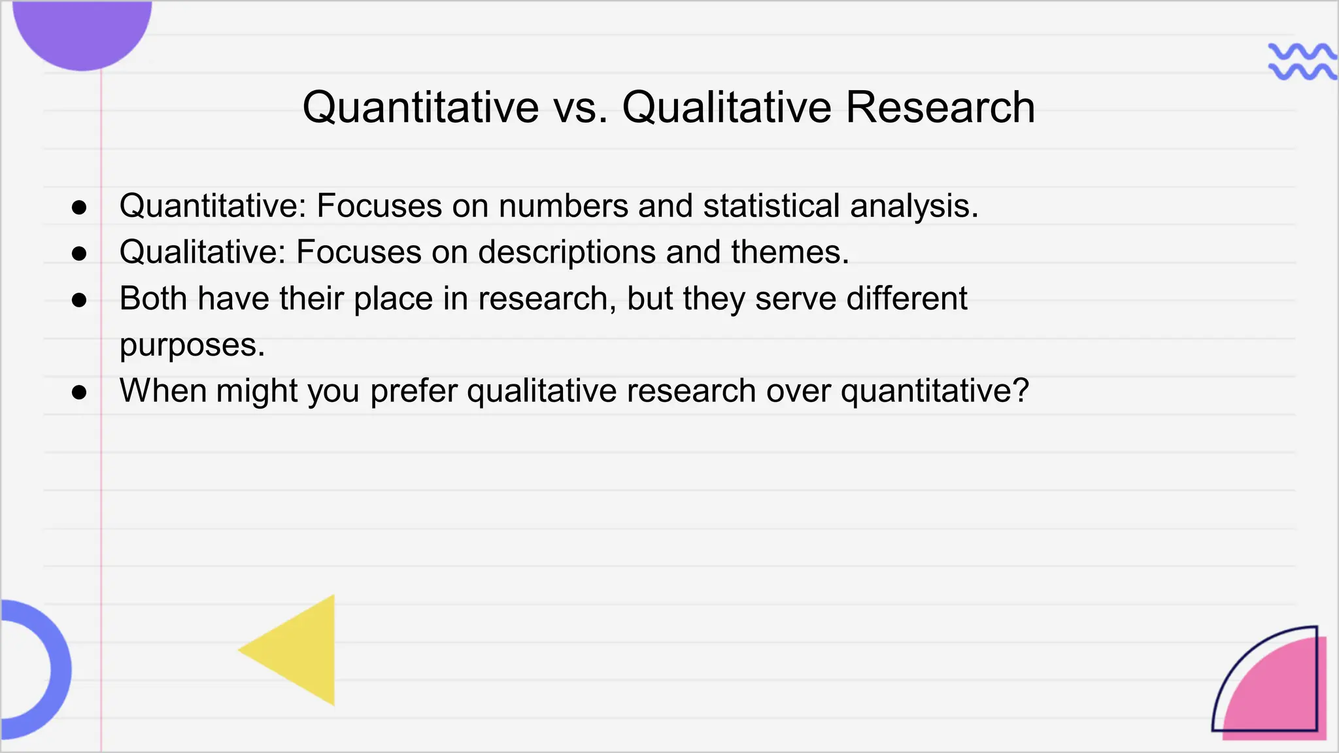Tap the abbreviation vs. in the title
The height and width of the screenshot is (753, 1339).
(580, 107)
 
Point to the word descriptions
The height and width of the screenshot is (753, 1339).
(566, 252)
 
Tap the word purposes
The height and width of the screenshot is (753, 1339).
(192, 346)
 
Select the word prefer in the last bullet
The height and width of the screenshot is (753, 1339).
(413, 392)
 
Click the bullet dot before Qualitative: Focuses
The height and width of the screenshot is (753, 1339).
(79, 254)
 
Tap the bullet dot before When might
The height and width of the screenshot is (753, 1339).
(79, 392)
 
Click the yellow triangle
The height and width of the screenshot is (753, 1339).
(301, 650)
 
